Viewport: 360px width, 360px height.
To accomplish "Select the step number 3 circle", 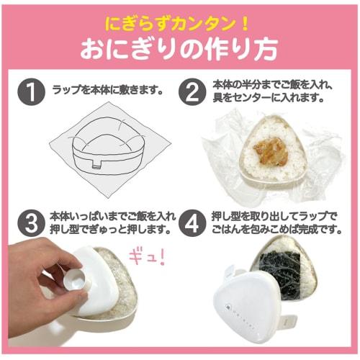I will pos(30,224).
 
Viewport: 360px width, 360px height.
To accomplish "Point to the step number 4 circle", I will pos(193,224).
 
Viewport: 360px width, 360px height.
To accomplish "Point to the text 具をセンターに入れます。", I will pos(269,98).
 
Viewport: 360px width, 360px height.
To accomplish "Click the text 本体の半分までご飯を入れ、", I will pos(274,85).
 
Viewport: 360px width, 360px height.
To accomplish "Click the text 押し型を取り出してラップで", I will pos(277,216).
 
